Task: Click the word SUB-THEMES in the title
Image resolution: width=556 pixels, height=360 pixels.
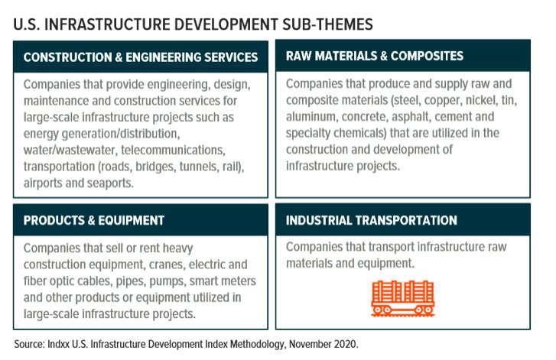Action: click(327, 24)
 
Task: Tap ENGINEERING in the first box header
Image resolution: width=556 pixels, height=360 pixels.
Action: click(166, 57)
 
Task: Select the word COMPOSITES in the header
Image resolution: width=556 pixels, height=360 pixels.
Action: click(427, 56)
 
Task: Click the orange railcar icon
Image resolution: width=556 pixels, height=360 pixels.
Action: click(402, 298)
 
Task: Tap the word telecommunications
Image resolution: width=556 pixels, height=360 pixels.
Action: click(173, 150)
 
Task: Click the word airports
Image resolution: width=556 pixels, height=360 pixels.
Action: click(43, 183)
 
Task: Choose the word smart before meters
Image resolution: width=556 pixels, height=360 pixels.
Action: click(203, 281)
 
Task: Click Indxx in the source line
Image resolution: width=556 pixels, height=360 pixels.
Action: click(58, 344)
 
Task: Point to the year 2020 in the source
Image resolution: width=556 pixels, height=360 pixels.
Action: click(346, 344)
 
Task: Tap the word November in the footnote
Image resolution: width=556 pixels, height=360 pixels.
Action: click(310, 344)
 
